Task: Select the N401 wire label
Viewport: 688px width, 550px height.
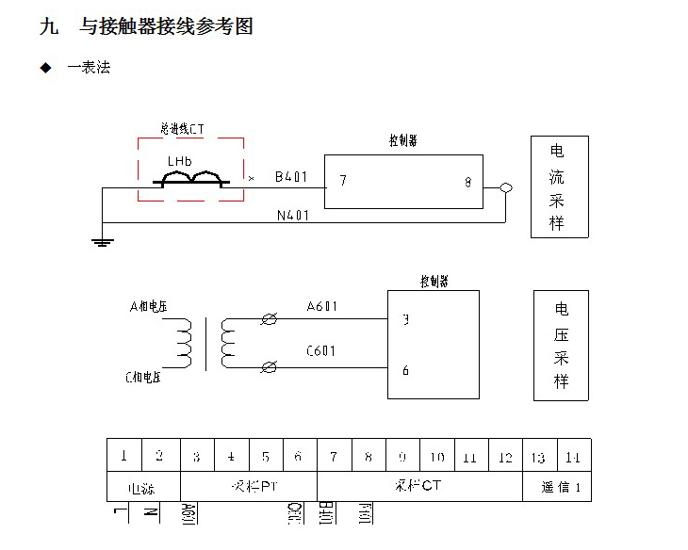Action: [293, 215]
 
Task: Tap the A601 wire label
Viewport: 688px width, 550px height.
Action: [322, 306]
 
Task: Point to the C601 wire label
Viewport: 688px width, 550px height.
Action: [321, 351]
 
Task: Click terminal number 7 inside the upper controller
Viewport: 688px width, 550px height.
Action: [343, 181]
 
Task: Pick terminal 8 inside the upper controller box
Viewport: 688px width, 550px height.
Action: [467, 182]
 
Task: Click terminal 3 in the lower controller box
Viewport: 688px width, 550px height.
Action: [405, 319]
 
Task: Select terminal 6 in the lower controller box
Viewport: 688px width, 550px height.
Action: [405, 370]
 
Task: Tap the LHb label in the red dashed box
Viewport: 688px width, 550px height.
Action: [179, 161]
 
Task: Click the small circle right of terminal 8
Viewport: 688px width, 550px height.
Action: [506, 187]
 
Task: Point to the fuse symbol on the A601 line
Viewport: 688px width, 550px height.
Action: [270, 320]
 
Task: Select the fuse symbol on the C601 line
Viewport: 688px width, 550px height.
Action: [270, 365]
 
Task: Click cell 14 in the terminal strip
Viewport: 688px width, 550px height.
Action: [572, 458]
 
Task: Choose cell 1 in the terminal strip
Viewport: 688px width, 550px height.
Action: [123, 457]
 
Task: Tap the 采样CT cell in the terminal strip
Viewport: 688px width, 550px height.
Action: [419, 486]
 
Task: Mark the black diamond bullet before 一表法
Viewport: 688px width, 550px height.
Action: [44, 68]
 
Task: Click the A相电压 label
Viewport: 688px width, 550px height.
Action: [148, 306]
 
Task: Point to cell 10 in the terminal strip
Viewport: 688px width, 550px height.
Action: [437, 457]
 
